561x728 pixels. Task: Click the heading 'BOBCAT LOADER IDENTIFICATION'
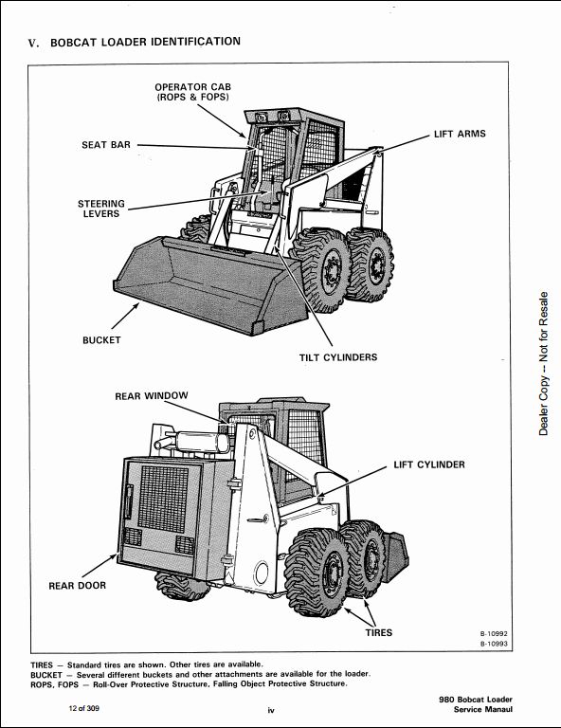145,42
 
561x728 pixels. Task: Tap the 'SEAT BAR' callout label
106,145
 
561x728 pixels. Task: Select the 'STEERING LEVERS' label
101,209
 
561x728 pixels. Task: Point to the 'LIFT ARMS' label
460,134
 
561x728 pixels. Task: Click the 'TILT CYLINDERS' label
338,357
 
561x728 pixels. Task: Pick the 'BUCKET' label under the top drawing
101,340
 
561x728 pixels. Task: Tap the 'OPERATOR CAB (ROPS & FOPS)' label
193,92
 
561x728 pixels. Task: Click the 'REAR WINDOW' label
152,395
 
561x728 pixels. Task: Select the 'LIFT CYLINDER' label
429,464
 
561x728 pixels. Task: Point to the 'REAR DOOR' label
78,586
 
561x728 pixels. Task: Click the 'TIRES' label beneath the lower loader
379,632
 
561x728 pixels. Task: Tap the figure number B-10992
494,633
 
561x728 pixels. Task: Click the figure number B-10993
494,644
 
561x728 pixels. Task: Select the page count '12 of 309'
84,708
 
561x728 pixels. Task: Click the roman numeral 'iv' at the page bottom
271,710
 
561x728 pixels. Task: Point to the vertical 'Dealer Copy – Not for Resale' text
543,364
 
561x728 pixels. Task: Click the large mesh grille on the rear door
163,499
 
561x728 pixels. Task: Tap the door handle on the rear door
128,501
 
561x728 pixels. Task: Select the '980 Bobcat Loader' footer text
476,700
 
